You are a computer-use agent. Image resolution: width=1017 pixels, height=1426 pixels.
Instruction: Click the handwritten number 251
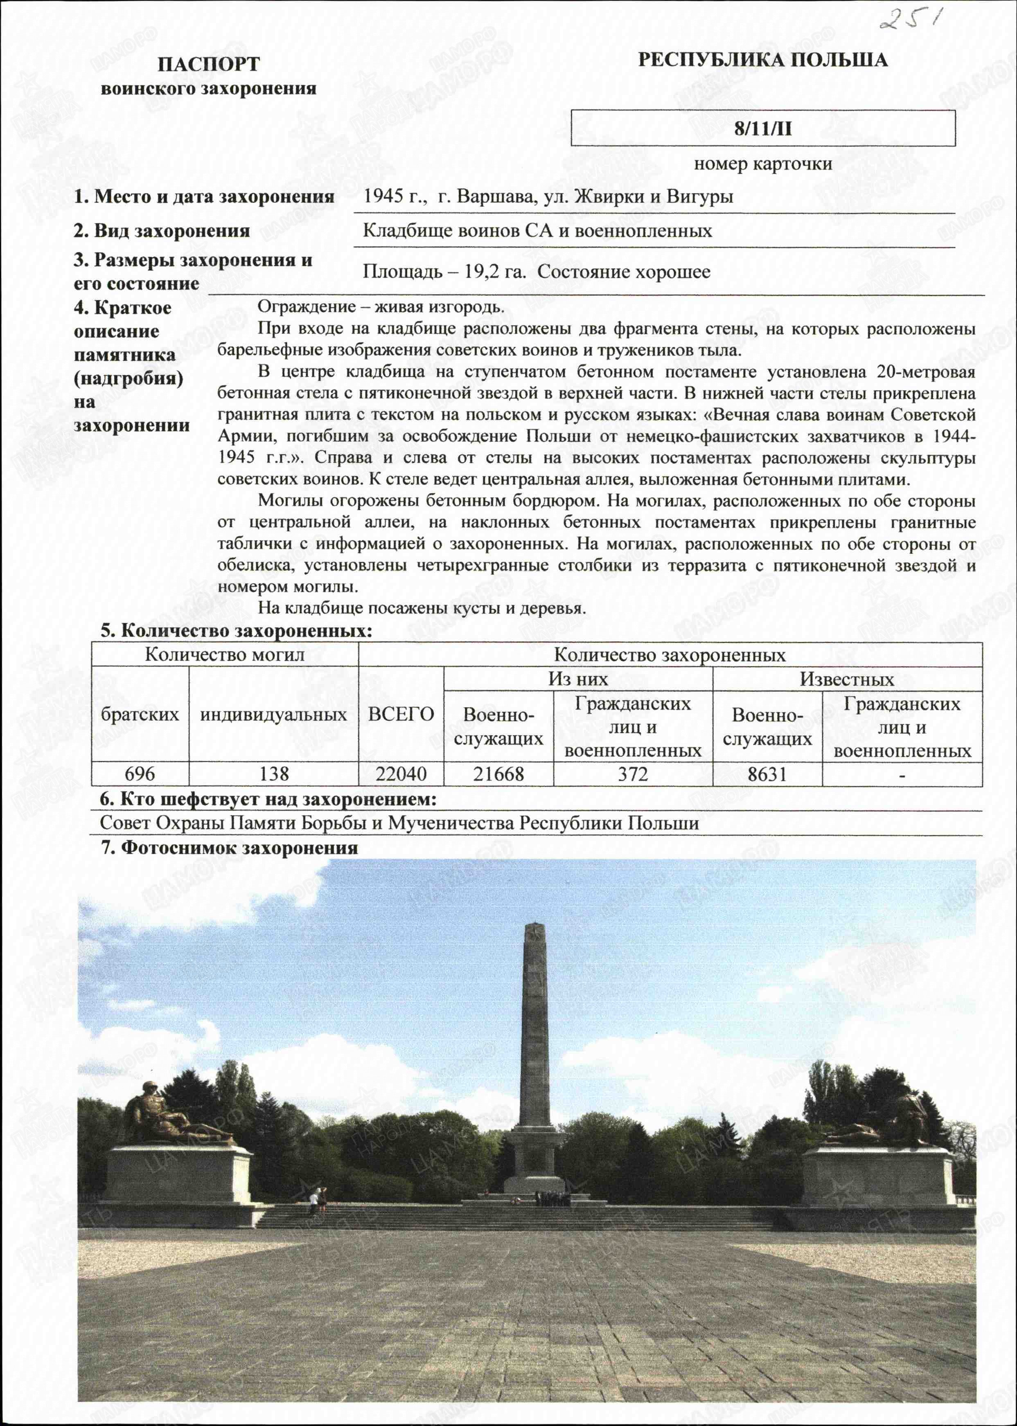(x=911, y=20)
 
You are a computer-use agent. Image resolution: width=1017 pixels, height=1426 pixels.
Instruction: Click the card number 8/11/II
(x=763, y=128)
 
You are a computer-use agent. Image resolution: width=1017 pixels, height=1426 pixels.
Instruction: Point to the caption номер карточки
(x=763, y=164)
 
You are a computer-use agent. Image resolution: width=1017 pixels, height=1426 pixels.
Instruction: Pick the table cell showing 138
(x=274, y=774)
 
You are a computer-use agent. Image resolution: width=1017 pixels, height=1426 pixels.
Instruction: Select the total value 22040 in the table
(x=401, y=774)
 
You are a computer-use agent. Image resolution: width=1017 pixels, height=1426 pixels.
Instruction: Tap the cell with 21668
(x=498, y=774)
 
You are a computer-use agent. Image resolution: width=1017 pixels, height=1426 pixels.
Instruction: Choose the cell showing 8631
(x=767, y=774)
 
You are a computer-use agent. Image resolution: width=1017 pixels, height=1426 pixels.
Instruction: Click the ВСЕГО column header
(x=401, y=714)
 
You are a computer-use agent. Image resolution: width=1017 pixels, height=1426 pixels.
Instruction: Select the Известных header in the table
(x=847, y=679)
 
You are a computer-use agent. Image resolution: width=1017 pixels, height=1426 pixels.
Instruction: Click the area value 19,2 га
(x=495, y=272)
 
